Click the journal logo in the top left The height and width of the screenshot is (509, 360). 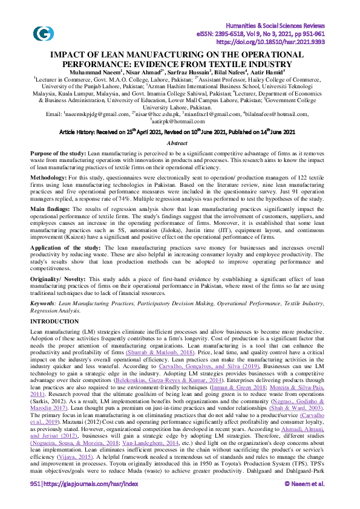point(43,34)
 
